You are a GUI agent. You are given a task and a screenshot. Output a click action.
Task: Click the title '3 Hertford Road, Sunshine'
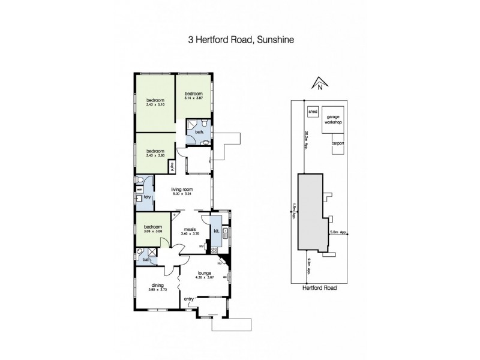pyautogui.click(x=240, y=41)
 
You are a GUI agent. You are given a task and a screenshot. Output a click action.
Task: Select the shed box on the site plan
pyautogui.click(x=313, y=112)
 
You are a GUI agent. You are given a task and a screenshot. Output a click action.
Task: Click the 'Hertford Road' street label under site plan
pyautogui.click(x=319, y=288)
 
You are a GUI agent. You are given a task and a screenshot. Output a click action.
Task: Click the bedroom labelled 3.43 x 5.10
pyautogui.click(x=155, y=103)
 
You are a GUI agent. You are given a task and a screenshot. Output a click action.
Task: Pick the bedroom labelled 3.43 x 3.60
pyautogui.click(x=155, y=153)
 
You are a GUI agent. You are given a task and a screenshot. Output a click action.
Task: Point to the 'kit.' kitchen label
pyautogui.click(x=215, y=230)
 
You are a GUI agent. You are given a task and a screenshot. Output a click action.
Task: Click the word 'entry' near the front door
pyautogui.click(x=188, y=299)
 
